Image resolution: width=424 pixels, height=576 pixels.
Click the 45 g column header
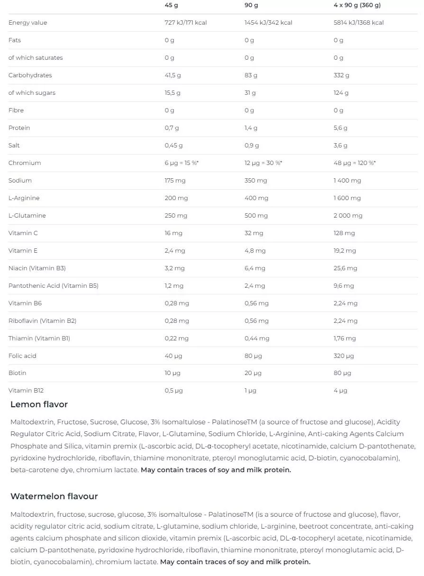171,5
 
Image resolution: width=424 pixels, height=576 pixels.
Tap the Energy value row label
27,23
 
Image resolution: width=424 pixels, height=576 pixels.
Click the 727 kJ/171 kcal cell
185,23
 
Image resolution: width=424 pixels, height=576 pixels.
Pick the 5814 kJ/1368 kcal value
358,23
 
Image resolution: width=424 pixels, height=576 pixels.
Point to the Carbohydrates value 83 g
251,75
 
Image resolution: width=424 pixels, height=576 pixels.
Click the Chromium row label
25,163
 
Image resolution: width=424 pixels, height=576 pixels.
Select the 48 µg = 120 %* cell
354,163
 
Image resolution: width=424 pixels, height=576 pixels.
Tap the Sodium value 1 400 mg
347,181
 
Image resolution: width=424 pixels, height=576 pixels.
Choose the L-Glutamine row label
27,216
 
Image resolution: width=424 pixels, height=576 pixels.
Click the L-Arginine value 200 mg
176,198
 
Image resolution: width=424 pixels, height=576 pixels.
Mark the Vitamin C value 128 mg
344,233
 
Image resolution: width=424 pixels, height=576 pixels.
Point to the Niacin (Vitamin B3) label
37,268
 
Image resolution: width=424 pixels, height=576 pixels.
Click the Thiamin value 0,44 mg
257,338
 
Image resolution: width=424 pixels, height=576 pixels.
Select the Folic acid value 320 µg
343,356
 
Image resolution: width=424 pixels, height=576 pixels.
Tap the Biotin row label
18,373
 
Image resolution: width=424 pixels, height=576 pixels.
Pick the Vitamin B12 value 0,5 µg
173,391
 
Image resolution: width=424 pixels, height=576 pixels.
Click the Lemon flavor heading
39,404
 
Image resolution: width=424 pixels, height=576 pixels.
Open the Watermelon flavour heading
54,496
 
